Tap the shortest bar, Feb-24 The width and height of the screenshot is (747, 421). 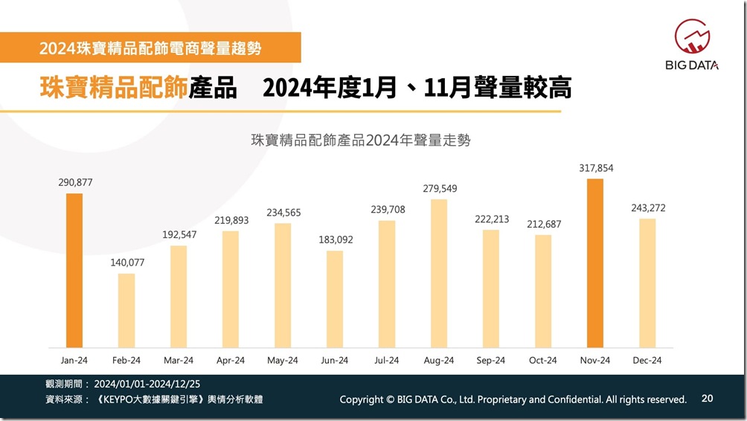126,310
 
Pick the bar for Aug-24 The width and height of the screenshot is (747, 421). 439,273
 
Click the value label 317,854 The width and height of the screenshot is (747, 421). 595,168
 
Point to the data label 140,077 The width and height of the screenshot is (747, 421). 126,263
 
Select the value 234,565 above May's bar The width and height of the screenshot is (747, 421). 283,213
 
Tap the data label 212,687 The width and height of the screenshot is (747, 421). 543,225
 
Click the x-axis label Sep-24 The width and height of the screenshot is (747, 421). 491,360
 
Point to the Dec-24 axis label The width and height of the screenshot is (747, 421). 647,360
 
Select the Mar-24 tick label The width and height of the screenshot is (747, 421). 179,360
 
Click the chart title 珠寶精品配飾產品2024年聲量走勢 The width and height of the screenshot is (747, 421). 361,140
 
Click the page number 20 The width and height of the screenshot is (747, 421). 707,399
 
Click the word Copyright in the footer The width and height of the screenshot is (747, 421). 362,399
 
